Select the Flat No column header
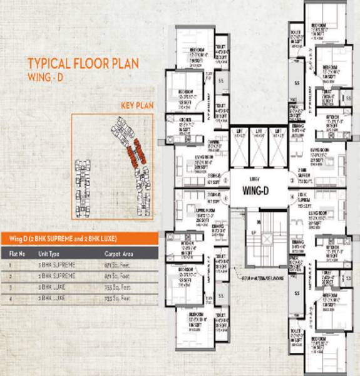click(x=17, y=254)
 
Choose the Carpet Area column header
click(x=118, y=254)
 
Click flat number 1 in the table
click(x=11, y=265)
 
